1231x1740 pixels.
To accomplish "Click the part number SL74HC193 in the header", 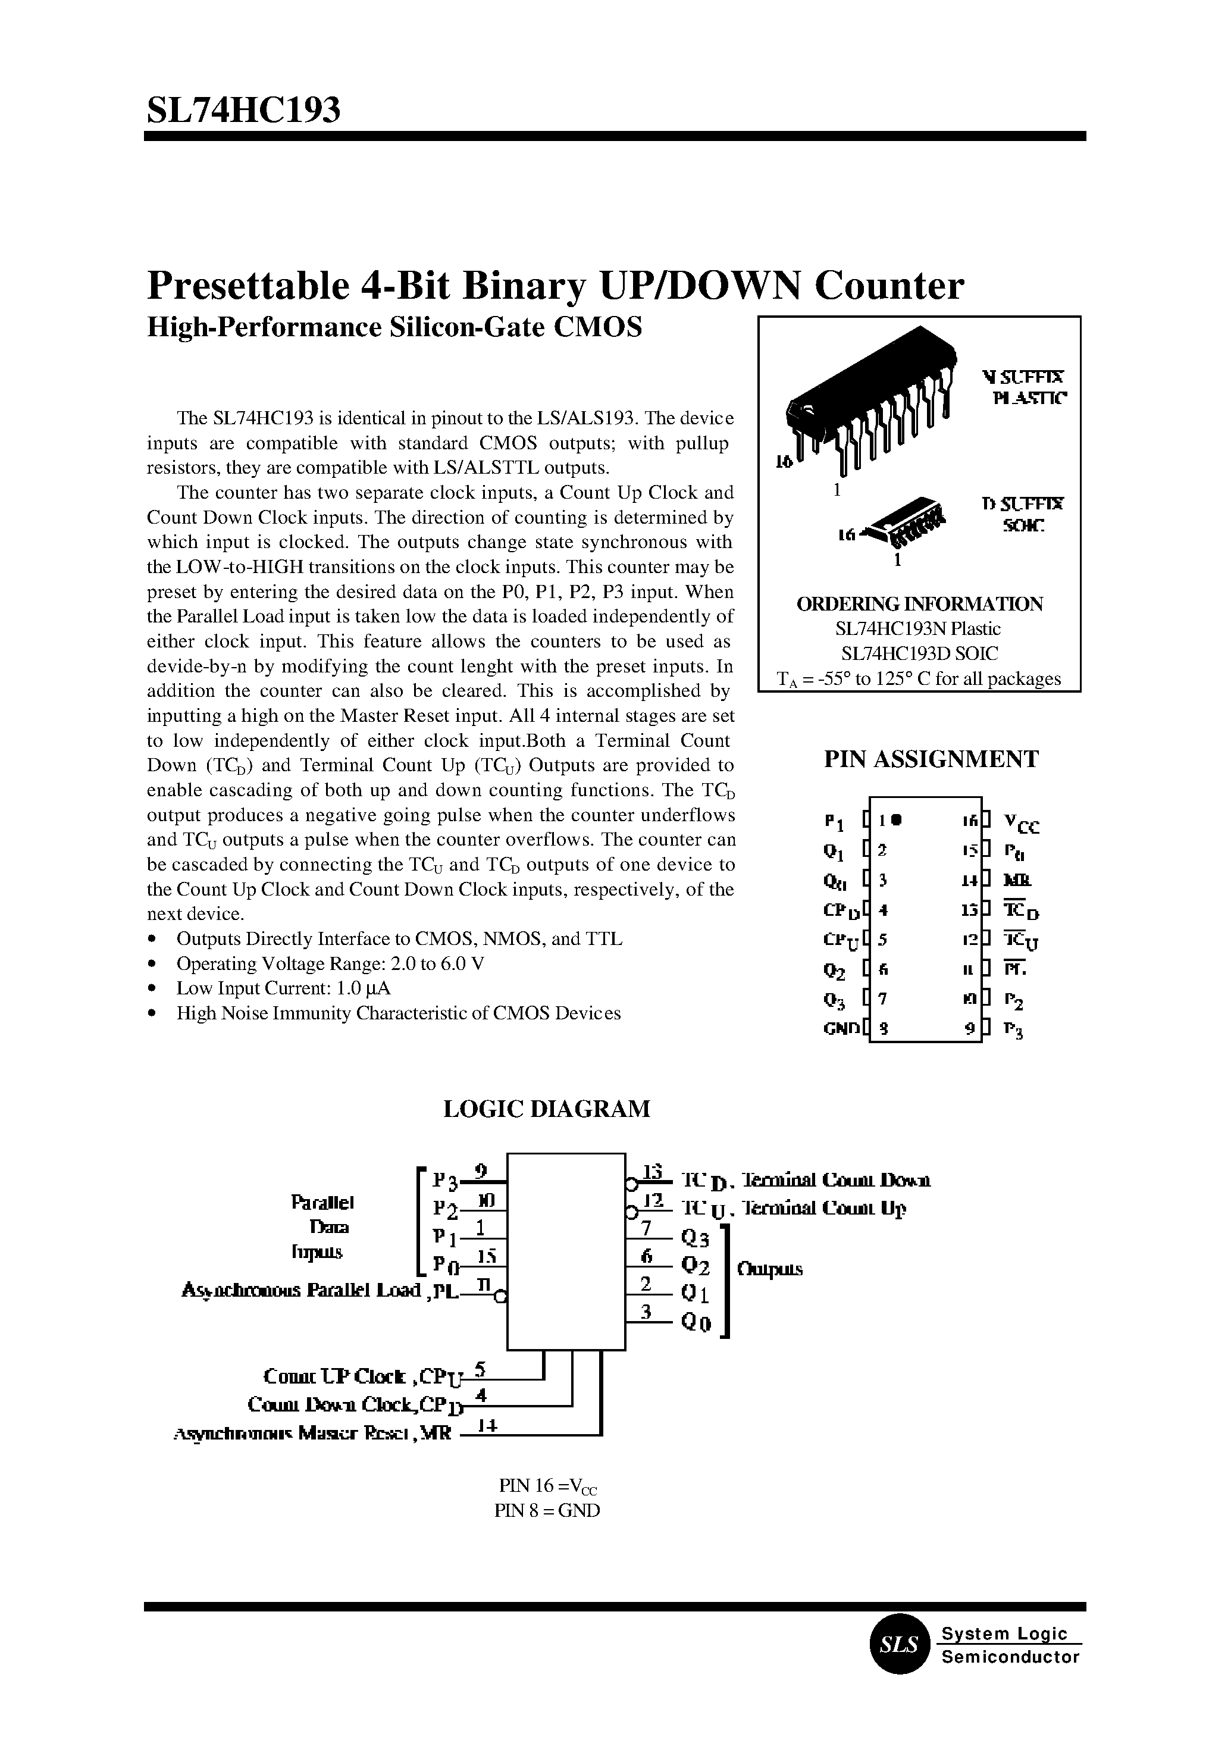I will coord(243,110).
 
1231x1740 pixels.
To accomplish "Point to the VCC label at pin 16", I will coord(1020,822).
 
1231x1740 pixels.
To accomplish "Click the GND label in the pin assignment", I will coord(841,1029).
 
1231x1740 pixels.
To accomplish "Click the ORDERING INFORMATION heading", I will coord(919,603).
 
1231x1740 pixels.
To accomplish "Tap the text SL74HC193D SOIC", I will coord(919,653).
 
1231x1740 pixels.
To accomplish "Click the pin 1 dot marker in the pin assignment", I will coord(896,819).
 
